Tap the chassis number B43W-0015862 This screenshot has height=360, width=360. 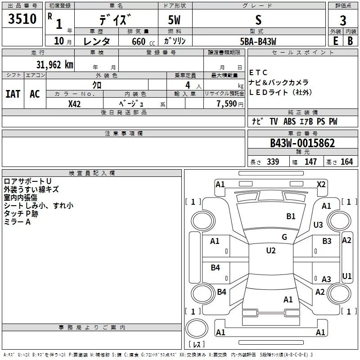tap(302, 143)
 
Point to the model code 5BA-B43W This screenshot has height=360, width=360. tap(258, 41)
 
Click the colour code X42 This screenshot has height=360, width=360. tap(75, 103)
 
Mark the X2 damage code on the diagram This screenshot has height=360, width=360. tap(321, 184)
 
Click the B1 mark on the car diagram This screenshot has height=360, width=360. tap(291, 216)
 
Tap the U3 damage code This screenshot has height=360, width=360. tap(318, 225)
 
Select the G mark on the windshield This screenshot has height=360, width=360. tap(284, 237)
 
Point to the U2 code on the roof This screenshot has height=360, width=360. tap(270, 251)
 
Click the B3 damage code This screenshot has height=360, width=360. tap(327, 242)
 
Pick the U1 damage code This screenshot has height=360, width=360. tap(346, 276)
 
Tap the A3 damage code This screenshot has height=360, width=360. tap(326, 279)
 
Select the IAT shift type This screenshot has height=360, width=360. tap(13, 94)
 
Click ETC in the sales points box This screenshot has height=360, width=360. tap(258, 72)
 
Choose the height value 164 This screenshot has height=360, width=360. tap(346, 162)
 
